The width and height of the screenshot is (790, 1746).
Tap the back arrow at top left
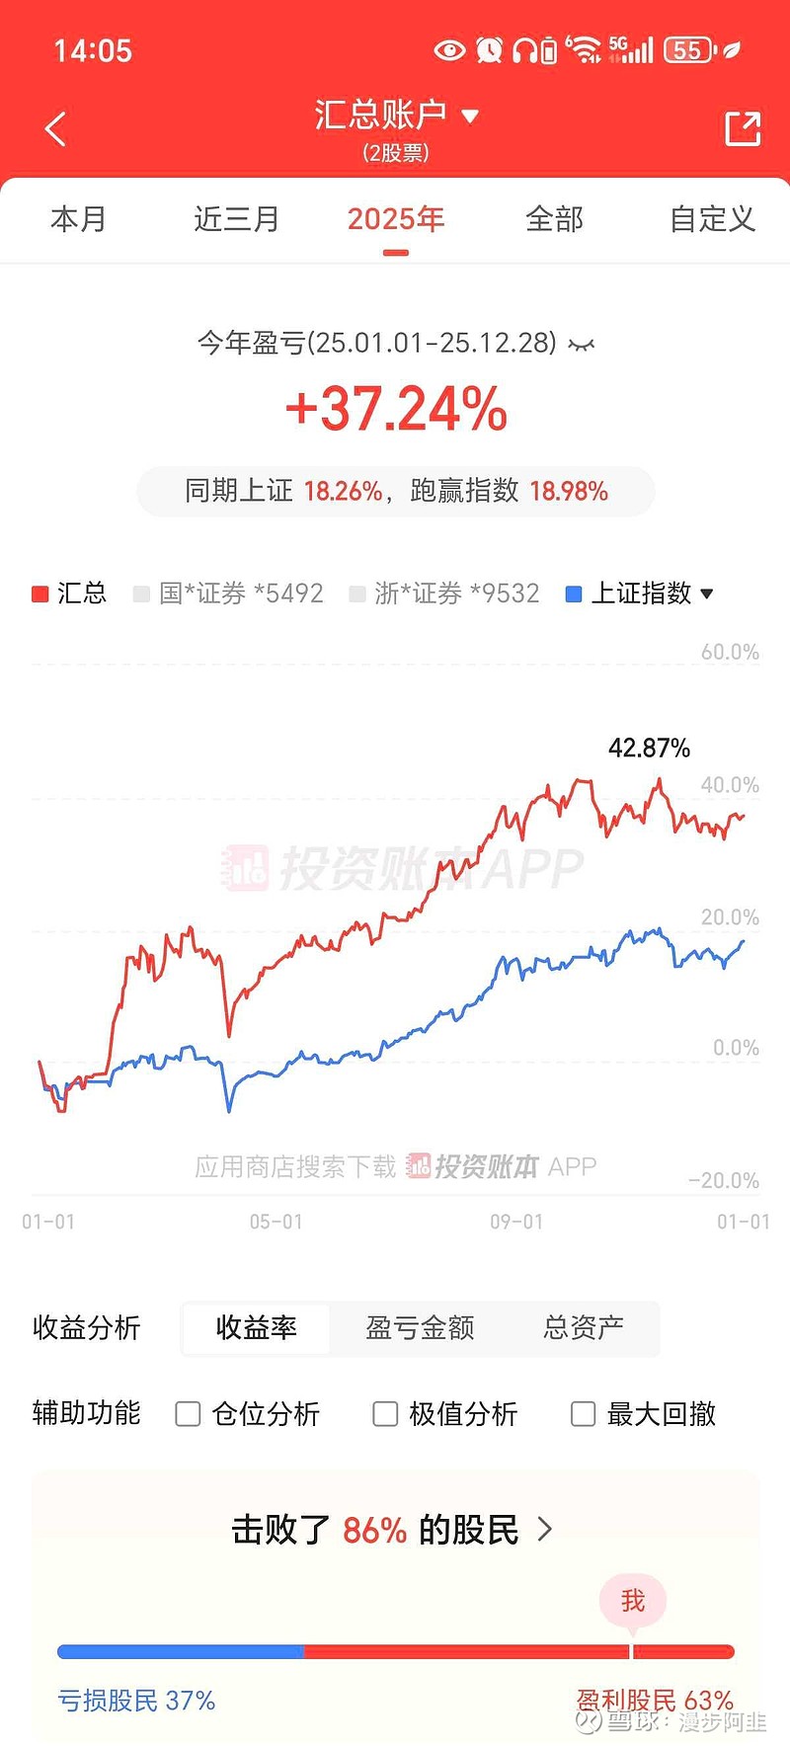click(56, 129)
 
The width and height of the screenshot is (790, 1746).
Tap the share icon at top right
click(743, 129)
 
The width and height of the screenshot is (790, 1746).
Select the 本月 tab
click(78, 219)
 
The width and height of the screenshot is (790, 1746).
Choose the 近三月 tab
click(236, 219)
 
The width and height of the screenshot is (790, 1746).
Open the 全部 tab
click(554, 219)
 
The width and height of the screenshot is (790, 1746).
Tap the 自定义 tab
click(712, 219)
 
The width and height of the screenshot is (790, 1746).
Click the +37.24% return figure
click(396, 409)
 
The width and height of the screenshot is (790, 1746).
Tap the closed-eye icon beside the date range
click(582, 345)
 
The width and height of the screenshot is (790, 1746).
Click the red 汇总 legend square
click(40, 594)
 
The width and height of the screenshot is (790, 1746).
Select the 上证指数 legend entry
click(640, 594)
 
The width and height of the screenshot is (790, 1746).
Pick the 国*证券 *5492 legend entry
click(229, 594)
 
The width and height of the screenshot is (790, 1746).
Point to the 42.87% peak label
click(649, 748)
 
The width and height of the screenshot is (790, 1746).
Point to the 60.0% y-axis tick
click(730, 652)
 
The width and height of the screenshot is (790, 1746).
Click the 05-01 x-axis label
click(276, 1222)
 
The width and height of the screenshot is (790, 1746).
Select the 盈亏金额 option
click(420, 1328)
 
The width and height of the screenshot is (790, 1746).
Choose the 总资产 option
click(583, 1328)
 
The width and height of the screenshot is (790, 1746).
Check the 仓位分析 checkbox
click(188, 1414)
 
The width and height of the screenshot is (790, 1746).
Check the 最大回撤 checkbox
click(584, 1414)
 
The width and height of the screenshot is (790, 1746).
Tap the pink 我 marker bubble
click(633, 1600)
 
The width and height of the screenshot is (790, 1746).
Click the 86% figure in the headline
click(374, 1531)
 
